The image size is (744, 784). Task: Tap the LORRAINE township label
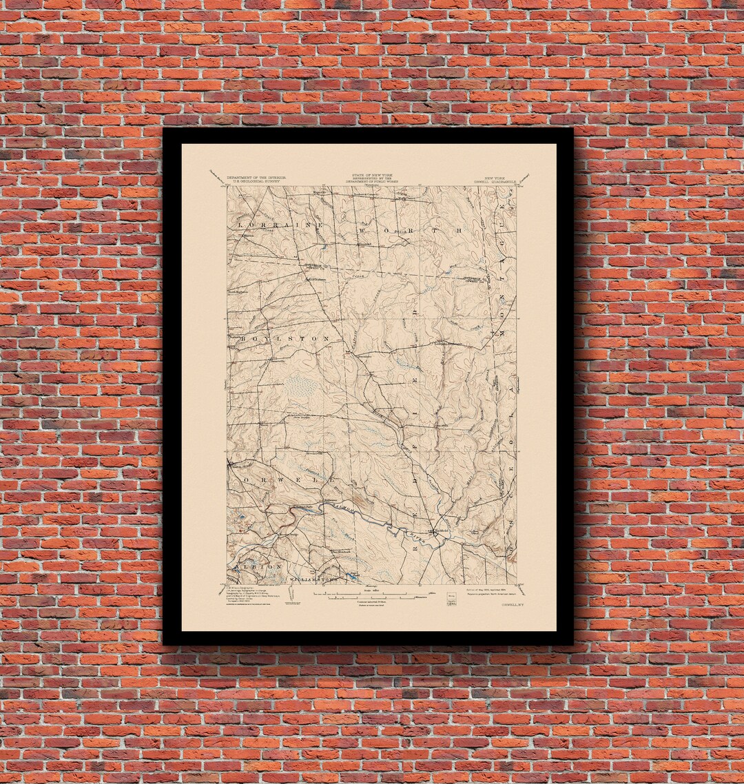click(x=280, y=225)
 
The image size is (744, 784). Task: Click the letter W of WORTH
click(x=361, y=229)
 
